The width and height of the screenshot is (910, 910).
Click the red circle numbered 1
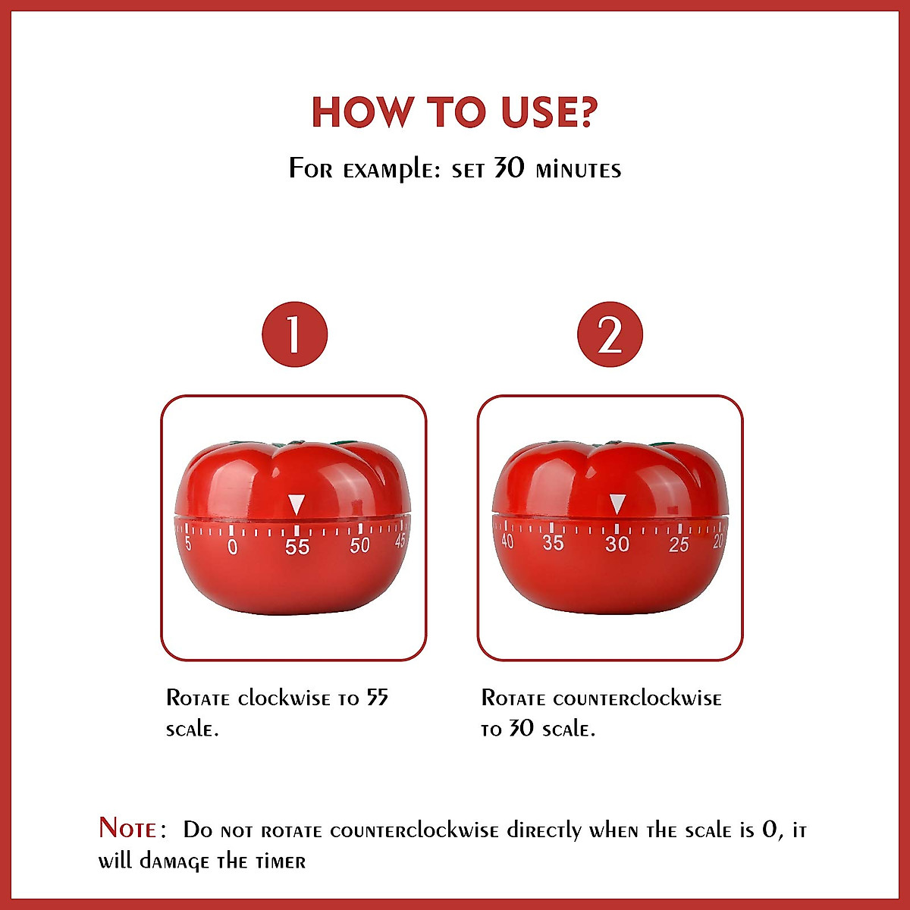coord(294,334)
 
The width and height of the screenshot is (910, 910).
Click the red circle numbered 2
coord(610,334)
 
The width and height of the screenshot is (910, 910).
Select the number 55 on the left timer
coord(297,547)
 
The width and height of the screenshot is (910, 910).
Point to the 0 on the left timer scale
coord(232,546)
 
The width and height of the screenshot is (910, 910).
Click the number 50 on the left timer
coord(359,545)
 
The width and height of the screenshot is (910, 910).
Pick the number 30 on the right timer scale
coord(617,544)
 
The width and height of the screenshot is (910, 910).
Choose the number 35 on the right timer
coord(553,543)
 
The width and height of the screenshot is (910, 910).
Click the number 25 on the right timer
coord(679,544)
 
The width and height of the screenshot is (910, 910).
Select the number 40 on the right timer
coord(507,541)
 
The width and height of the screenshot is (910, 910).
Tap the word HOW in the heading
coord(360,112)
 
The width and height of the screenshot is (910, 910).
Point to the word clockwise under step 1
coord(284,698)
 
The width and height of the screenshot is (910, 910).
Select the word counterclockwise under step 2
coord(637,698)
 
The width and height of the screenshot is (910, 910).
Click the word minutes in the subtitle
coord(578,169)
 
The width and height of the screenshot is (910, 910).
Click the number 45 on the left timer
coord(400,540)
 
